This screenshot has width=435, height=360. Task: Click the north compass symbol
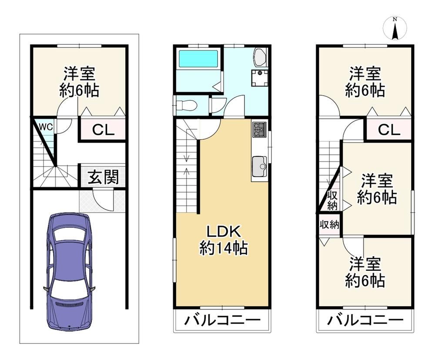(x=395, y=28)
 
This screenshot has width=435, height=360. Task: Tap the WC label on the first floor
(x=46, y=127)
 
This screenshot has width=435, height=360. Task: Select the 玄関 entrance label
(x=103, y=177)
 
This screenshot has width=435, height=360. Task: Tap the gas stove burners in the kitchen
(x=259, y=130)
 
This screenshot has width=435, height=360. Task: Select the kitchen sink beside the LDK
(x=259, y=167)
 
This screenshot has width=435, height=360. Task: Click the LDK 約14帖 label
(x=224, y=240)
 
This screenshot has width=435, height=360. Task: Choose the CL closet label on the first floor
(x=103, y=130)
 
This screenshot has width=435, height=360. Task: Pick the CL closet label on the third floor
(x=389, y=130)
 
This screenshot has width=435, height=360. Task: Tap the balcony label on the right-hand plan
(x=365, y=320)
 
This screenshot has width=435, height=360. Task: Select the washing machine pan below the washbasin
(x=260, y=79)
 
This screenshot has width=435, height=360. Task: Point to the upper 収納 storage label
(x=332, y=200)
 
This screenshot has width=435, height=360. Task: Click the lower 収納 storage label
(x=329, y=224)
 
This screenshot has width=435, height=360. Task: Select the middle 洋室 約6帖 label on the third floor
(x=377, y=189)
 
